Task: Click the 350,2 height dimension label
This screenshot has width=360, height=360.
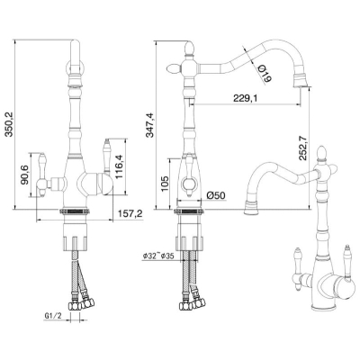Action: coord(9,124)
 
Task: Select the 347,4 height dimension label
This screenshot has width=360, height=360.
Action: coord(149,125)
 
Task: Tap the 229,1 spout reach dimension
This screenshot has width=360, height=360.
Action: coord(245,98)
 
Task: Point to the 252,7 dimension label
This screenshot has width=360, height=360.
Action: coord(303,148)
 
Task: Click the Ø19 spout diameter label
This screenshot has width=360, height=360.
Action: coord(265,74)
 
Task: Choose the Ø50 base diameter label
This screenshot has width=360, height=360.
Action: coord(216,195)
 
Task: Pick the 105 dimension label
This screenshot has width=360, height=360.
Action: coord(164,184)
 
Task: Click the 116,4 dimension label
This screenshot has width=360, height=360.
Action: coord(119,166)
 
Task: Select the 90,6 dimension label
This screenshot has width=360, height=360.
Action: coord(24,175)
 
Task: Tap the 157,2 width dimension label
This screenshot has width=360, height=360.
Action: coord(130,213)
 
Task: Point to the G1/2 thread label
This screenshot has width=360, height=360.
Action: coord(53,316)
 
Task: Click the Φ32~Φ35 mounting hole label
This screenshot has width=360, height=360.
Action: coord(158,256)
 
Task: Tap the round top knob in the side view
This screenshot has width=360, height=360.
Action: coord(189,49)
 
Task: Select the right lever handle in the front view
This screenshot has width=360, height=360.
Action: coord(106,156)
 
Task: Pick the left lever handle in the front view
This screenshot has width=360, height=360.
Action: coord(42,175)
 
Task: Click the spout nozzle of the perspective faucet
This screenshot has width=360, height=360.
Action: coord(251,208)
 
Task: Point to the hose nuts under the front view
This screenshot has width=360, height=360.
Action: coord(81,304)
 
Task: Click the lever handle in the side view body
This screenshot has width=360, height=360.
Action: coord(189,175)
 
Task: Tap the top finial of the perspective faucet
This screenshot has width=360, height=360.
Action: coord(322,153)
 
